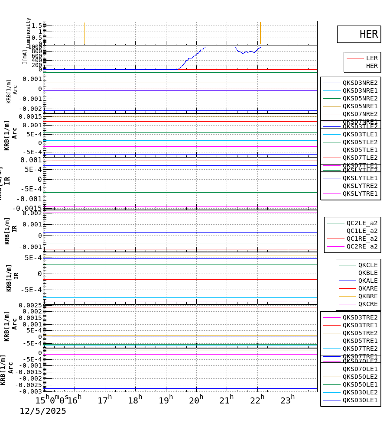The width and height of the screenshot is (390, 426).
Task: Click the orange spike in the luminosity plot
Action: click(260, 32)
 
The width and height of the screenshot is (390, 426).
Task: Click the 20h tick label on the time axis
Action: click(196, 400)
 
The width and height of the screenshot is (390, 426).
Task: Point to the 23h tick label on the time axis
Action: click(287, 400)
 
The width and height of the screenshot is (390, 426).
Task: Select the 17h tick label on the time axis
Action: click(105, 400)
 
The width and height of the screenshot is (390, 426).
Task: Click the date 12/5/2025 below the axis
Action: click(43, 411)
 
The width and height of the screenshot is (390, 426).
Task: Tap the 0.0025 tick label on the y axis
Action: click(30, 305)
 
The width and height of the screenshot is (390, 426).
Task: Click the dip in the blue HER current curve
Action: click(243, 53)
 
